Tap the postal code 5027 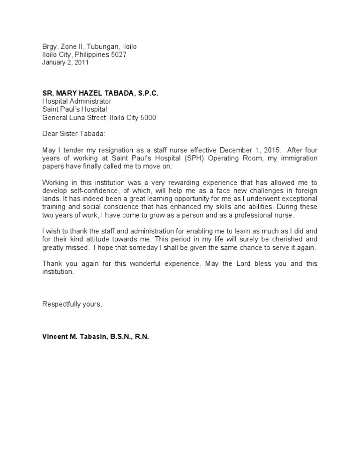coord(117,55)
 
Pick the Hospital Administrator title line coord(77,101)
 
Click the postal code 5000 coord(147,118)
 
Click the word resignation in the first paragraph coord(98,150)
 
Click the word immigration coord(298,158)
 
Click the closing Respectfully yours coord(72,304)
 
